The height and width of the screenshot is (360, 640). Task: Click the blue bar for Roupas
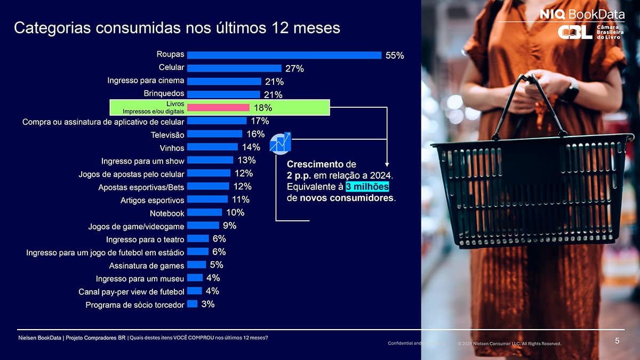[284, 55]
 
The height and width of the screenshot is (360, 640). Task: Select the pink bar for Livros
[218, 108]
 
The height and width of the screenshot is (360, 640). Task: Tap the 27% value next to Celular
[294, 68]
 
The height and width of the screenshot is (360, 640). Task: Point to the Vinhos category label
[172, 148]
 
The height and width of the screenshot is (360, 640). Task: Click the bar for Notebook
[204, 212]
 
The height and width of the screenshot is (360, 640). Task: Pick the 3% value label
[208, 304]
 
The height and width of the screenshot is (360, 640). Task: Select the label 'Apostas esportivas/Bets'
[141, 187]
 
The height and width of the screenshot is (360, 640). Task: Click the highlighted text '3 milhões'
[367, 187]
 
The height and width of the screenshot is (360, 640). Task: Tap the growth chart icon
[280, 143]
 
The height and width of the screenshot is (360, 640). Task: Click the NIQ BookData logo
[582, 14]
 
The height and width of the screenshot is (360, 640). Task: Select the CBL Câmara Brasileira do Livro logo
[591, 33]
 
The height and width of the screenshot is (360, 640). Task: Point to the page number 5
[617, 341]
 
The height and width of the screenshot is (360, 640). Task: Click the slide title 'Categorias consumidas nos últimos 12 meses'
[177, 28]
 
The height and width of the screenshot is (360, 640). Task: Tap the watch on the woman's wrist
[570, 91]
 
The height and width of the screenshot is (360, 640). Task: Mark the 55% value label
[395, 55]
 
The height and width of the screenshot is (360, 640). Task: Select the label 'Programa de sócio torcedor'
[135, 305]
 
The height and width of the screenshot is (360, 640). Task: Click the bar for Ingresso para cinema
[224, 82]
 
